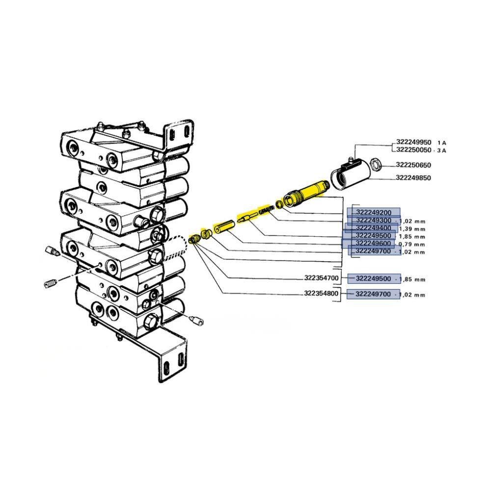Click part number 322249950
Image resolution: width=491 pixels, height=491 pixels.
(413, 142)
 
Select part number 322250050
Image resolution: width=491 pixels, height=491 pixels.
(413, 150)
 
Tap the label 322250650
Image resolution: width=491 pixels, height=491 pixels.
(413, 165)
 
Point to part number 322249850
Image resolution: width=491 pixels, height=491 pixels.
(413, 178)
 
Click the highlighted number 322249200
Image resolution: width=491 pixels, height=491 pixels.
(374, 213)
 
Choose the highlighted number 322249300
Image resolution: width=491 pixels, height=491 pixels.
(374, 220)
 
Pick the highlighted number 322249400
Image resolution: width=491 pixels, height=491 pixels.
(374, 228)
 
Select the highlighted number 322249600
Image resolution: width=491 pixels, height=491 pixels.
(373, 244)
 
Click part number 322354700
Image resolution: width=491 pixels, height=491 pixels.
(321, 278)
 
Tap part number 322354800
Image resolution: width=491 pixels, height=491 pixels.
(321, 294)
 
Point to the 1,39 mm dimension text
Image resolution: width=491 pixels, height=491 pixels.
(412, 229)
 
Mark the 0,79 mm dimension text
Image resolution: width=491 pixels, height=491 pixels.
(412, 244)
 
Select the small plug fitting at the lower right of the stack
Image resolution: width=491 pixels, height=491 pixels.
(196, 320)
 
